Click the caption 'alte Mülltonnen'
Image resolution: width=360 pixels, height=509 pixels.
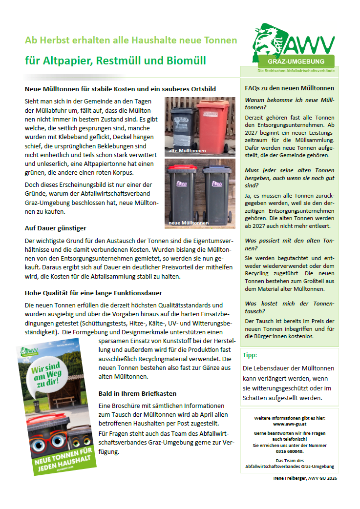(187, 151)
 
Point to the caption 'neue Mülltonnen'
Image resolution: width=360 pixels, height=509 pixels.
(189, 223)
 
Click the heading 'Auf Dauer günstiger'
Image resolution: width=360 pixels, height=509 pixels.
(56, 228)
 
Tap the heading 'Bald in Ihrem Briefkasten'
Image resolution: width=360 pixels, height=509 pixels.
(137, 393)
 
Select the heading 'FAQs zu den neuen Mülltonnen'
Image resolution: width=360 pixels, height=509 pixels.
(289, 88)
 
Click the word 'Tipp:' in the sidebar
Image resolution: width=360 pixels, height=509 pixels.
(250, 355)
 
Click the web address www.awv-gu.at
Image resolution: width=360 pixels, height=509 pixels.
(290, 425)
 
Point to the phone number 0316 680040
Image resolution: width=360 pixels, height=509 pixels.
(289, 451)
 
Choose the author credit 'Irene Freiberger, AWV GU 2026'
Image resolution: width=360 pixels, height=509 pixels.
(305, 478)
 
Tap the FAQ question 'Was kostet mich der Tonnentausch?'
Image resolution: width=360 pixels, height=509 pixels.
(289, 307)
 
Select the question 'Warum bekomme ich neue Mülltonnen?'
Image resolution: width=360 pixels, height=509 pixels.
(289, 103)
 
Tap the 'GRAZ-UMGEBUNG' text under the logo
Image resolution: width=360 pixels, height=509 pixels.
(296, 62)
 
